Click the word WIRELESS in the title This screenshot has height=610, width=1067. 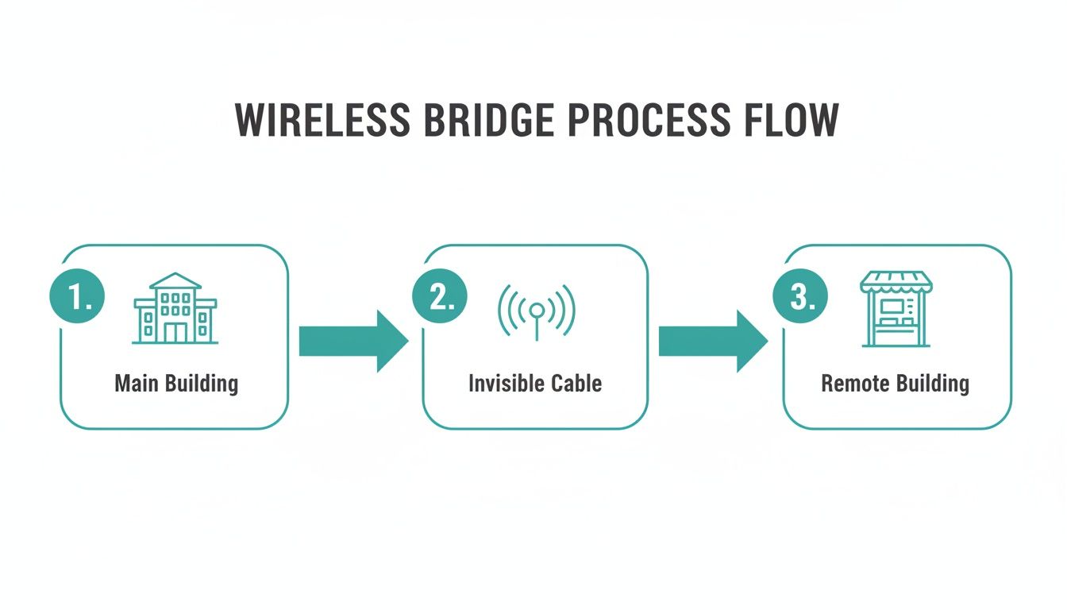pos(323,121)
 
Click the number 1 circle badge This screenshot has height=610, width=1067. pos(77,298)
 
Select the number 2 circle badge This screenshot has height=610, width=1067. pos(439,298)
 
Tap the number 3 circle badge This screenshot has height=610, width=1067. pos(800,298)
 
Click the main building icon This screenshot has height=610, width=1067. pos(175,309)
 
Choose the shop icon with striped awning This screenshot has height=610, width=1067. pos(896,309)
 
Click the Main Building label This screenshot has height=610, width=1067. pos(176,384)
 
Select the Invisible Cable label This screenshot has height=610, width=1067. pos(535,384)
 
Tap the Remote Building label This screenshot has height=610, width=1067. pos(895,384)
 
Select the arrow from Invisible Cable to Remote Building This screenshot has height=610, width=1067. pos(713,341)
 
